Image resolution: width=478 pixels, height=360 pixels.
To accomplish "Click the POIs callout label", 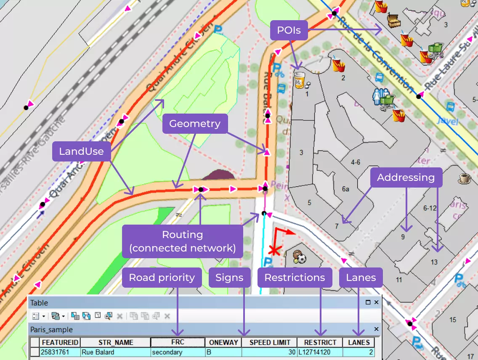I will coord(289,30).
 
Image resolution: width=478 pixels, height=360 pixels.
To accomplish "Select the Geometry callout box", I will coord(195,124).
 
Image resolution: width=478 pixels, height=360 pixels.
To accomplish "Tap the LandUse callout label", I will coord(81,151).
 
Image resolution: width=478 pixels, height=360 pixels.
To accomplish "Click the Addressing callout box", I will coord(406,177).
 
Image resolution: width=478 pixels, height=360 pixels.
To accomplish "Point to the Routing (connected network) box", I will coord(183,241).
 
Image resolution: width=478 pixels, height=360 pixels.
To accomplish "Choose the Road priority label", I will coord(162,278).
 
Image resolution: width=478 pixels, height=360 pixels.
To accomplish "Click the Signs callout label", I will coord(229,278).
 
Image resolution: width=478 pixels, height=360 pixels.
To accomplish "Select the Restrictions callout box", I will coord(295,278).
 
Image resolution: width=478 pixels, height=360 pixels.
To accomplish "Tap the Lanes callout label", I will coord(361,278).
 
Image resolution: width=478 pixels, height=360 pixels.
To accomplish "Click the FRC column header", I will coord(178,342).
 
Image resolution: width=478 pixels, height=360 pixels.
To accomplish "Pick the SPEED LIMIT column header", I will coord(269,342).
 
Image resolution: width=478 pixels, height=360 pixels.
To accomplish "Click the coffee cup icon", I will coord(465,178).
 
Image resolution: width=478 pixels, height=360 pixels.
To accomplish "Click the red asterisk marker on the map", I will coord(275,251).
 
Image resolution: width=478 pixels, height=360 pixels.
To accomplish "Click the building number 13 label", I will coord(434,262).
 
